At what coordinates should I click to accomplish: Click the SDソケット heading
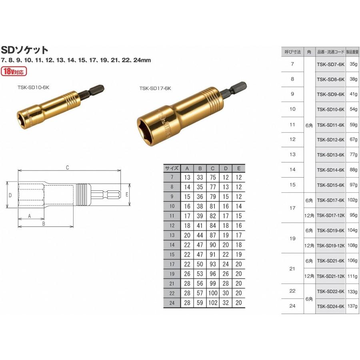(24, 50)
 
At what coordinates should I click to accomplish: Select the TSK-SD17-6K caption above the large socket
(155, 88)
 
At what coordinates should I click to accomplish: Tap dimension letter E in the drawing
(127, 195)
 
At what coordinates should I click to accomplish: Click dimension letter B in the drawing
(44, 224)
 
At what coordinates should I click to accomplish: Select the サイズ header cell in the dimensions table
(172, 168)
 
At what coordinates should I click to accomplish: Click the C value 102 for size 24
(213, 303)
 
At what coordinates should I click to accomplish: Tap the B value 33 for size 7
(200, 177)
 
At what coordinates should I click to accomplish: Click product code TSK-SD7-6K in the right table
(330, 64)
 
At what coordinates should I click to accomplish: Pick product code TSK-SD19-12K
(330, 246)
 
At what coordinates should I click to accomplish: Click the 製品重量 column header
(353, 52)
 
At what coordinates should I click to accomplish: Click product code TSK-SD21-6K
(330, 261)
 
